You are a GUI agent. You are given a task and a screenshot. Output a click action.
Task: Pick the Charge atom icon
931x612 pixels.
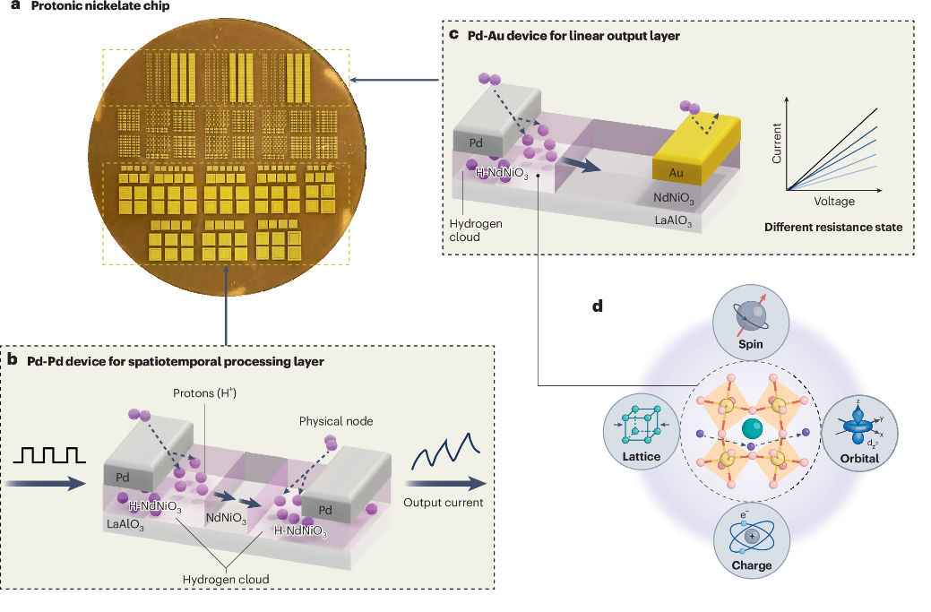click(x=751, y=535)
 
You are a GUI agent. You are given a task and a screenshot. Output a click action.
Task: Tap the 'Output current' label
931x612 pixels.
click(x=443, y=503)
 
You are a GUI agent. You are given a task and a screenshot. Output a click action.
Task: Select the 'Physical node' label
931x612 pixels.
click(x=335, y=419)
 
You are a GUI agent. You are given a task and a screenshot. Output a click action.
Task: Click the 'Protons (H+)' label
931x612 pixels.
click(x=207, y=395)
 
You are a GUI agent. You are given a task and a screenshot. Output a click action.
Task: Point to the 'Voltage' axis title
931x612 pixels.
click(x=834, y=202)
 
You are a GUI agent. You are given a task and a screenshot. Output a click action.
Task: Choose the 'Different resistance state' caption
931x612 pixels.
click(x=832, y=227)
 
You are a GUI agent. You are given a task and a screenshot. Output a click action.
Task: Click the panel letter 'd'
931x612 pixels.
click(x=597, y=306)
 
